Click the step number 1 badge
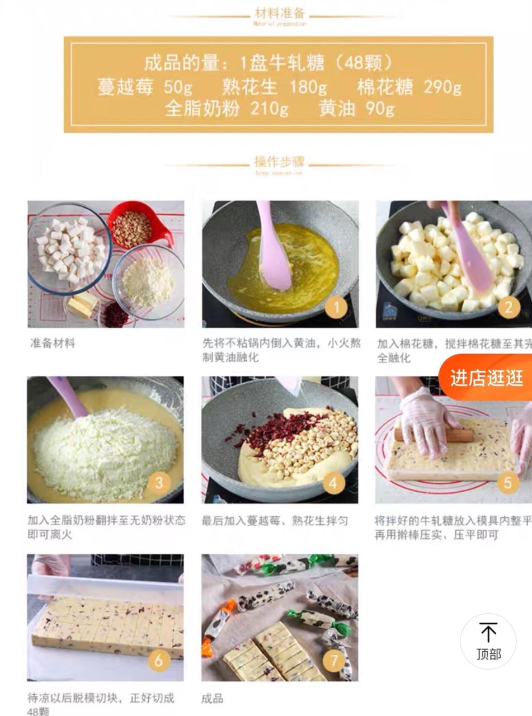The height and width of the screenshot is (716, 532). point(337,307)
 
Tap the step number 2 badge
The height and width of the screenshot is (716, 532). point(509,307)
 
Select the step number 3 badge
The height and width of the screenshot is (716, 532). point(159,482)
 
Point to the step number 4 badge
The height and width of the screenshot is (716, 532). point(334,482)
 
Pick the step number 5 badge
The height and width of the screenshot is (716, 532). point(508,482)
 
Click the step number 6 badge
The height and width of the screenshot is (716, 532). point(159,660)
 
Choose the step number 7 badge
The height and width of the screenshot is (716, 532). point(334,660)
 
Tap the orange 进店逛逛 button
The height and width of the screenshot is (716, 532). point(487,378)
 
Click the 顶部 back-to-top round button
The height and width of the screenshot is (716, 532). point(488,641)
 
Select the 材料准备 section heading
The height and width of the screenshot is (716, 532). point(280,13)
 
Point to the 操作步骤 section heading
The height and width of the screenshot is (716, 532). point(280,162)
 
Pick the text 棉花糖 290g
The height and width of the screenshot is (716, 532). point(409,87)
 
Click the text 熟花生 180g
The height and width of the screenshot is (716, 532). point(274,87)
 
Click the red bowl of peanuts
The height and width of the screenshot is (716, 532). point(133,227)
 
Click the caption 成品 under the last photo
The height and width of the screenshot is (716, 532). point(213,698)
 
